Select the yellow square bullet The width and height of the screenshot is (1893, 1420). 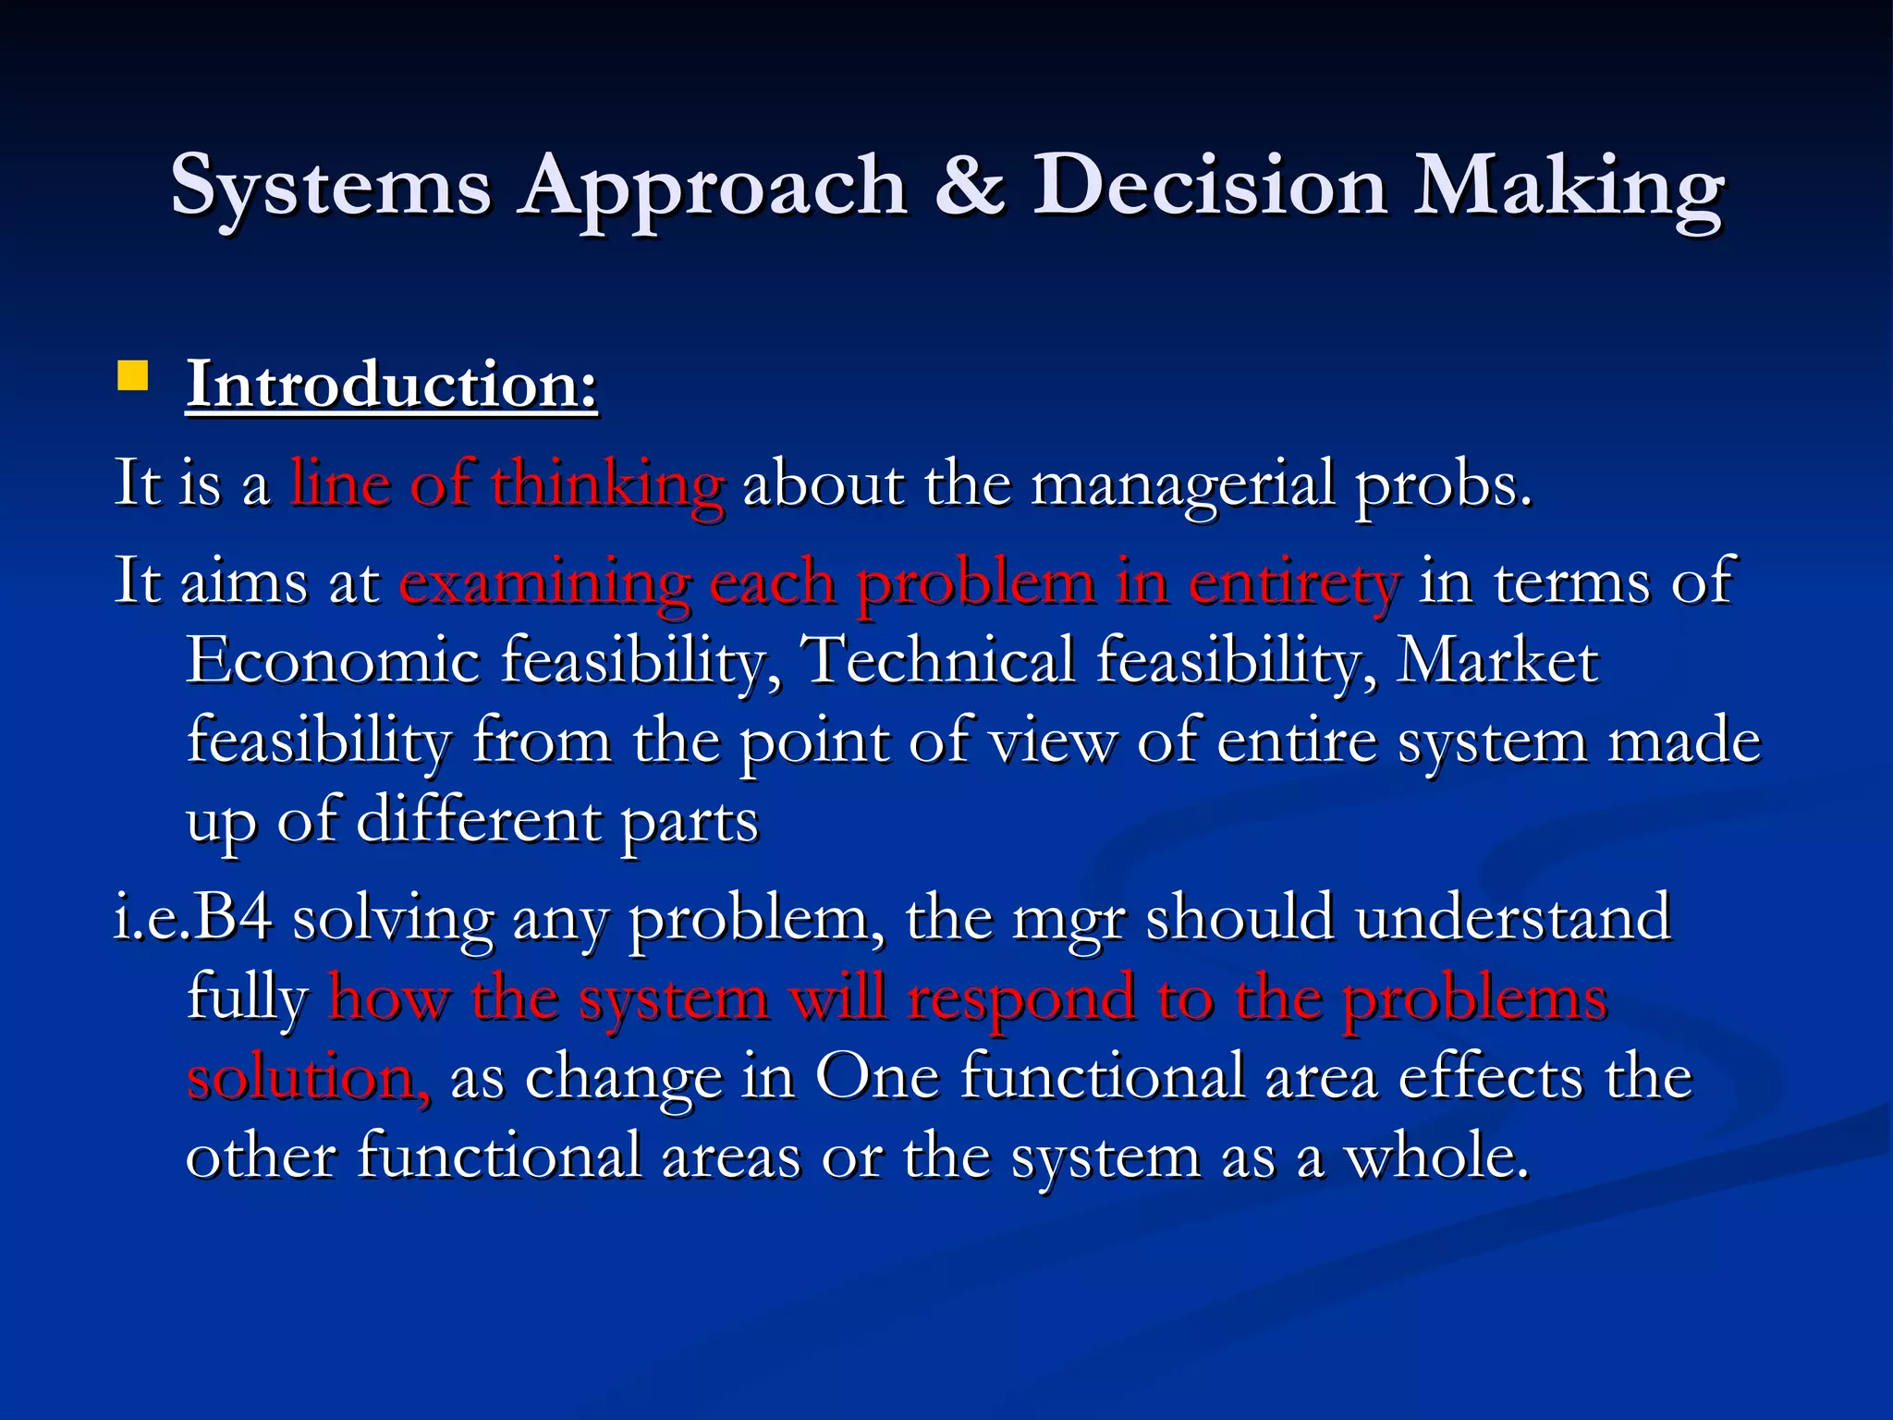click(x=133, y=376)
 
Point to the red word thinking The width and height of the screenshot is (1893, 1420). click(x=606, y=484)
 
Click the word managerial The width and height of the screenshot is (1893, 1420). click(x=1182, y=484)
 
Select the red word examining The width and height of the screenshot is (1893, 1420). click(x=544, y=584)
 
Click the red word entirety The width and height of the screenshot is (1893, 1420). click(x=1294, y=584)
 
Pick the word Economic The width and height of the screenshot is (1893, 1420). click(x=333, y=662)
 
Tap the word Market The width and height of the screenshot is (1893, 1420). click(x=1497, y=662)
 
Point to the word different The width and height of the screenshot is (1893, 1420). click(x=479, y=821)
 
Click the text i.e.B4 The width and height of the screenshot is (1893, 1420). click(x=192, y=919)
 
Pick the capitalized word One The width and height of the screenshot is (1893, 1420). click(x=876, y=1078)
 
